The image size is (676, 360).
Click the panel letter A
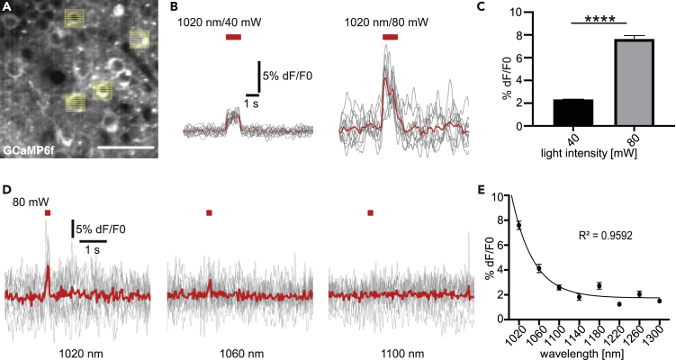click(x=6, y=7)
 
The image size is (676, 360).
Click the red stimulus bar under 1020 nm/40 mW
click(x=233, y=36)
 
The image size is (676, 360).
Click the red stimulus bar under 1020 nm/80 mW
click(x=390, y=36)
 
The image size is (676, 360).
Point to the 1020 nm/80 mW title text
click(x=390, y=15)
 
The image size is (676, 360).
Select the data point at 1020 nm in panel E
click(x=519, y=225)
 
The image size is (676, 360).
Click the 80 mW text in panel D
click(x=26, y=202)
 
